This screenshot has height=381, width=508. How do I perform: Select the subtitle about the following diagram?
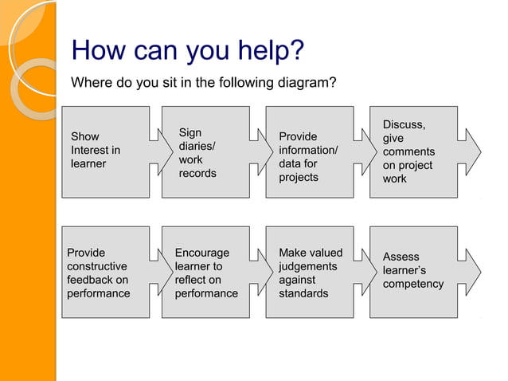tap(204, 82)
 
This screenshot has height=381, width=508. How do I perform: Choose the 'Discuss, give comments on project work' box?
tap(413, 151)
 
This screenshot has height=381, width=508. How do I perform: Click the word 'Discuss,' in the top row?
tap(404, 124)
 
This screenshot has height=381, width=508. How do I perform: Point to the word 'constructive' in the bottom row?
tap(96, 266)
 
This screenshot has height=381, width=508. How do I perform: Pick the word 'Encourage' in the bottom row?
tap(201, 253)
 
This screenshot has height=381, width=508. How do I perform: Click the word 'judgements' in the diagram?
tap(307, 266)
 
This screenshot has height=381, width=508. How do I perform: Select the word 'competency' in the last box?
tap(412, 284)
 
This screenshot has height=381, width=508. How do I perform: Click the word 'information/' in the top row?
tap(308, 150)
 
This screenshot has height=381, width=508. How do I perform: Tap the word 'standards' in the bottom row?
tap(303, 293)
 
